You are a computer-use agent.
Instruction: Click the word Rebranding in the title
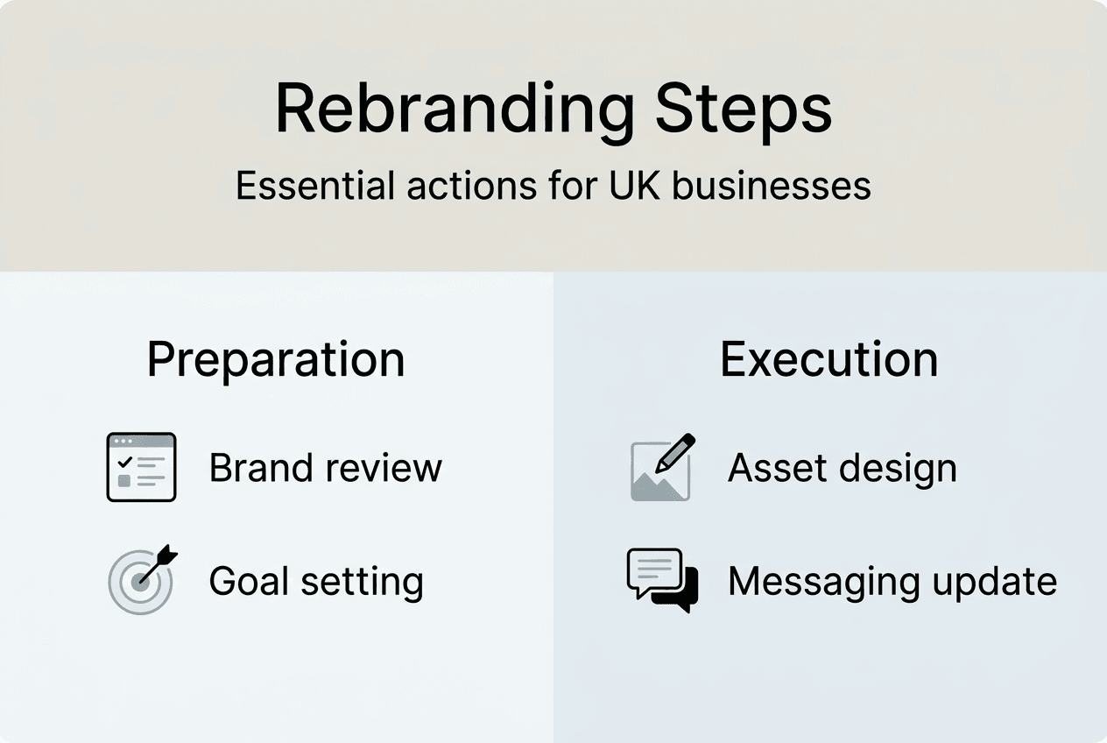455,109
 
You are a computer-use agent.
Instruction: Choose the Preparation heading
276,359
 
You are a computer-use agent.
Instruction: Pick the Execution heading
828,359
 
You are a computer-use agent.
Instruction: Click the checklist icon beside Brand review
141,467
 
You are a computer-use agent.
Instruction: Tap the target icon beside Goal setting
141,580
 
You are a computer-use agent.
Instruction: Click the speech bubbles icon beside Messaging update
662,580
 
